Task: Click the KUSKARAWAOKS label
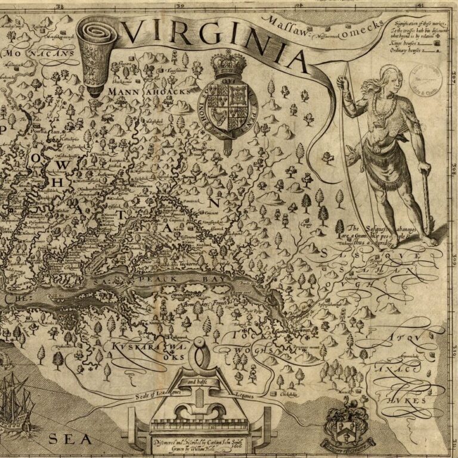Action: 140,348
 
